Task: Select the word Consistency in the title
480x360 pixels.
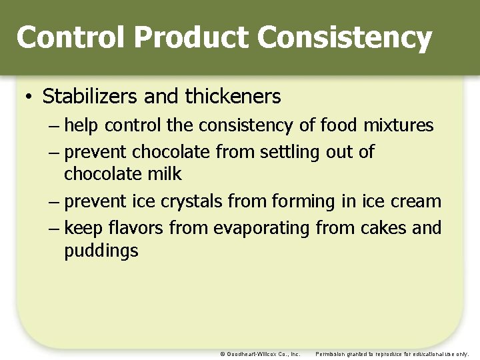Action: tap(344, 37)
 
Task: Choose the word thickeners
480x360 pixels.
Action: tap(233, 97)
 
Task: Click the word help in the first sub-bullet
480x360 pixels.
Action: tap(83, 125)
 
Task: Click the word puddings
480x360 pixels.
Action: tap(101, 251)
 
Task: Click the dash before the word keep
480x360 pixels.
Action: tap(55, 229)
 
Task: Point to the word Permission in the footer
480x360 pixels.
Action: tap(331, 354)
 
